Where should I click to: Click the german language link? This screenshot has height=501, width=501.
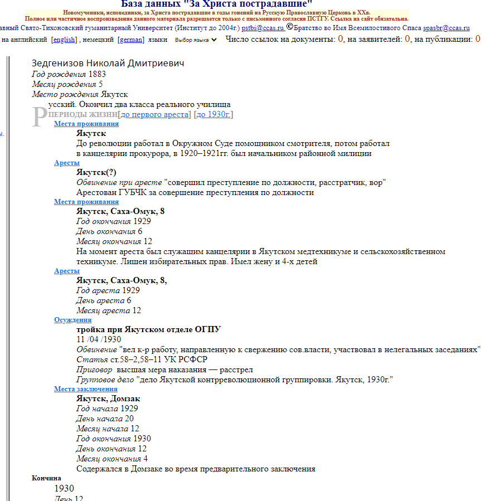tap(131, 40)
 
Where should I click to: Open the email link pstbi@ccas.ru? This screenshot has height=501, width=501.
tap(262, 27)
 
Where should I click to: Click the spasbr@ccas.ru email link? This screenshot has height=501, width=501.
tap(446, 27)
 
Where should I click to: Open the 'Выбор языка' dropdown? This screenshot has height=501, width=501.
tap(194, 40)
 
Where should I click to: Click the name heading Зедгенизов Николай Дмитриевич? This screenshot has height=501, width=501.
tap(108, 64)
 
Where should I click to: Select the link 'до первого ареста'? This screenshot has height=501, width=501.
tap(155, 114)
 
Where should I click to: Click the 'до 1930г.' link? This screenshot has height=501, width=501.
tap(213, 114)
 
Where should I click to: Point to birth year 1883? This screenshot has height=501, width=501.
tap(97, 74)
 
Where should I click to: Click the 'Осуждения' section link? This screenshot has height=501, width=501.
tap(72, 320)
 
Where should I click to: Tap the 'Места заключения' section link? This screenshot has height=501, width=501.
tap(85, 389)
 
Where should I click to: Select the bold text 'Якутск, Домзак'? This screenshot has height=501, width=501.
tap(108, 398)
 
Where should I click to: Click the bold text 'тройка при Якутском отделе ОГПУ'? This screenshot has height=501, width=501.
tap(148, 329)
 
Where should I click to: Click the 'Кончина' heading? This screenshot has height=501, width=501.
tap(46, 478)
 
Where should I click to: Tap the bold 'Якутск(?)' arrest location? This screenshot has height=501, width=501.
tap(96, 172)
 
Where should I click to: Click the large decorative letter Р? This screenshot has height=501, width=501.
tap(38, 116)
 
